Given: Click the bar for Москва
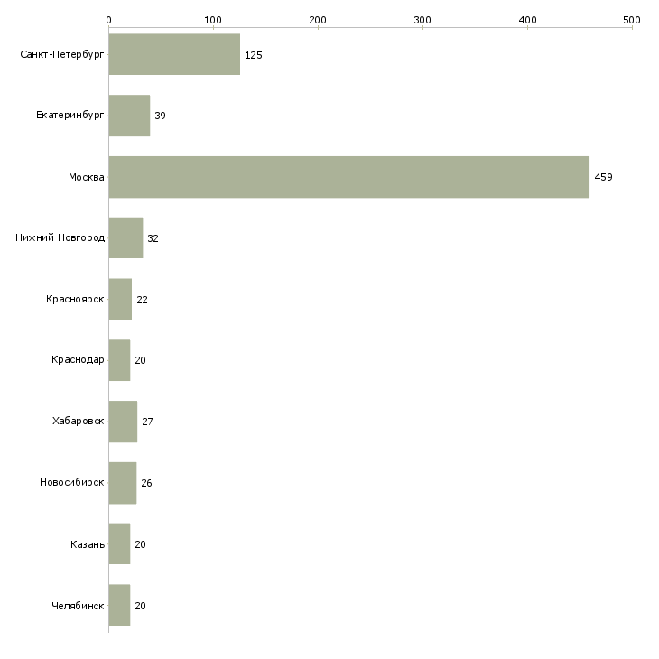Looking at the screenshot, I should pyautogui.click(x=348, y=177).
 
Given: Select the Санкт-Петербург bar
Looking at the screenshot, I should pyautogui.click(x=174, y=55).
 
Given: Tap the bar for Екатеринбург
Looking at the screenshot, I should pyautogui.click(x=129, y=116).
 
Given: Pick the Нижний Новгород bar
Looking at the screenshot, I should pyautogui.click(x=125, y=238).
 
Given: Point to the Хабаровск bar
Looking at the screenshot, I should pyautogui.click(x=123, y=422).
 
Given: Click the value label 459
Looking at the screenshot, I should pyautogui.click(x=603, y=177).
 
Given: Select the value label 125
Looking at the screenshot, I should pyautogui.click(x=253, y=55).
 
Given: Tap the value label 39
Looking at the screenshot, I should pyautogui.click(x=160, y=116).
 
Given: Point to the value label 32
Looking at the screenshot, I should pyautogui.click(x=153, y=238).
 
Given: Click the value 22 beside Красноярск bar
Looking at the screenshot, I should pyautogui.click(x=142, y=300).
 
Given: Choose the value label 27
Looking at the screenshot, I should pyautogui.click(x=147, y=422).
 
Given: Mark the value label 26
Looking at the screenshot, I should pyautogui.click(x=146, y=483).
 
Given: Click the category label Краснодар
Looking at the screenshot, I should pyautogui.click(x=78, y=360).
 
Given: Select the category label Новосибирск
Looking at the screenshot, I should pyautogui.click(x=72, y=483).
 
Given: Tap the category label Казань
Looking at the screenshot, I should pyautogui.click(x=88, y=544).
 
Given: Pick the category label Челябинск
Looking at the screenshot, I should pyautogui.click(x=78, y=606).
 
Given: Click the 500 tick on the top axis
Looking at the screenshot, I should pyautogui.click(x=632, y=19).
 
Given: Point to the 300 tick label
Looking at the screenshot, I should pyautogui.click(x=422, y=19).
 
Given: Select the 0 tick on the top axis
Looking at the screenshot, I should pyautogui.click(x=108, y=19).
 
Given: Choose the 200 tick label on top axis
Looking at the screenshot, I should pyautogui.click(x=318, y=19).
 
